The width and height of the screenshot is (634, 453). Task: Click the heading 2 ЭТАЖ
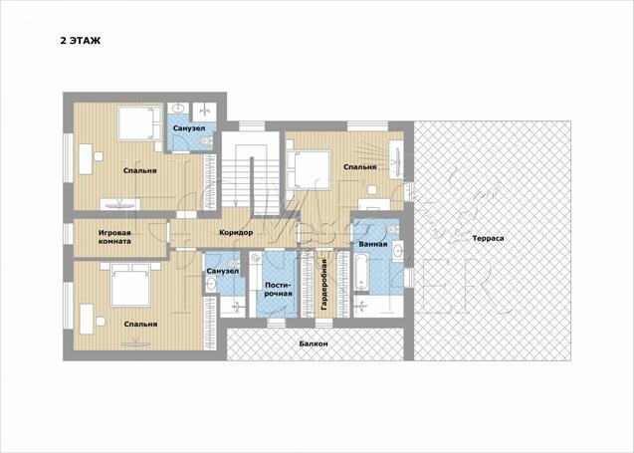coord(81,41)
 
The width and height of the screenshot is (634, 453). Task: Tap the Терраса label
coord(488,239)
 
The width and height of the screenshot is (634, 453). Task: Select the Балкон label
coord(314,343)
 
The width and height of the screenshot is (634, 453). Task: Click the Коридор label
coord(236,233)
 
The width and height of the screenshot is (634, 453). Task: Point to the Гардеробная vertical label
coord(323,285)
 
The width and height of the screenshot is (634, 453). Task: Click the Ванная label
coord(373,244)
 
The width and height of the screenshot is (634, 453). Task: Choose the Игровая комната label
coord(114,237)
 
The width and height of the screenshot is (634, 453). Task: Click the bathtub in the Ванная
coord(361,272)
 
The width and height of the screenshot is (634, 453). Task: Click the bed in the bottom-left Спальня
coord(130,284)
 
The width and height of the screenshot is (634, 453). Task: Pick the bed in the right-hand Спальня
coord(309,169)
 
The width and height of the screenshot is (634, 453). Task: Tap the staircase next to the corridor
coord(251,173)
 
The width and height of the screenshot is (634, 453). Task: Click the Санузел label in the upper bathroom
coord(189,128)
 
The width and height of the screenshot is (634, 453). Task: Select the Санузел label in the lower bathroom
coord(222,271)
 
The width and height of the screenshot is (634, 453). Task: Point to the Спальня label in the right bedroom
coord(360,167)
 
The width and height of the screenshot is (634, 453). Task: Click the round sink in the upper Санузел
coord(178,108)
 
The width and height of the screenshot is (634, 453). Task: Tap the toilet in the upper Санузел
coord(206,141)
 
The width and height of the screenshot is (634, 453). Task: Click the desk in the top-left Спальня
coord(86,159)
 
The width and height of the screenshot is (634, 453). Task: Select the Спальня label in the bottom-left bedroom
coord(140,324)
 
